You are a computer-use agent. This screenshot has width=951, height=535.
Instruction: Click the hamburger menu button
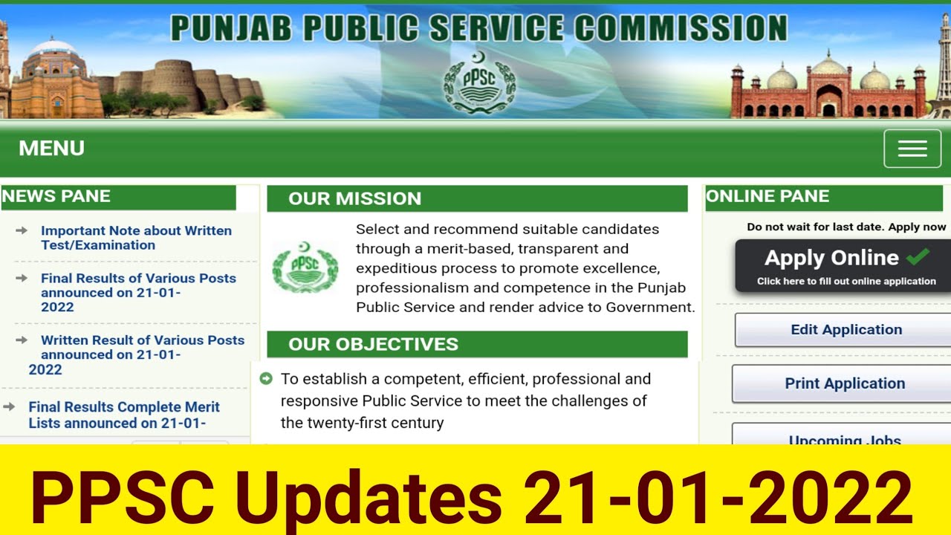[912, 149]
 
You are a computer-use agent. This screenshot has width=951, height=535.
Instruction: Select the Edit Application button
[845, 330]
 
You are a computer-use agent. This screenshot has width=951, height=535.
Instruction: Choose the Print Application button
[845, 383]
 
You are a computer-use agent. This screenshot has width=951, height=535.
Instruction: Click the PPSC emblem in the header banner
[479, 82]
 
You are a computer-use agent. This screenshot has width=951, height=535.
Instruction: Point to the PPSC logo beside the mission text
[305, 267]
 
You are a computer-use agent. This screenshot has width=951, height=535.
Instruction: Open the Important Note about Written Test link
[136, 238]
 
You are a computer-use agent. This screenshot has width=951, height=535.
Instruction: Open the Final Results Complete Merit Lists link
[124, 415]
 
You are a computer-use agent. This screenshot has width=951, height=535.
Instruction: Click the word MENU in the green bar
[51, 149]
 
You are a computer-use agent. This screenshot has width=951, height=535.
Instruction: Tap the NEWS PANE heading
[56, 196]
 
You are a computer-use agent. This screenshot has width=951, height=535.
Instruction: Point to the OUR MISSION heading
[354, 198]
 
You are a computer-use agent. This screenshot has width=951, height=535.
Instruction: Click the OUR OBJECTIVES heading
[373, 344]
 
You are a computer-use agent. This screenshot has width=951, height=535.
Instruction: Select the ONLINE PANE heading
[767, 196]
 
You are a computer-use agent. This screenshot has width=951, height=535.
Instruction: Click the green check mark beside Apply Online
[918, 257]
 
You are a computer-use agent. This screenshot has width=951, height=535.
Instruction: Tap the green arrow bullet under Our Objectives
[266, 379]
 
